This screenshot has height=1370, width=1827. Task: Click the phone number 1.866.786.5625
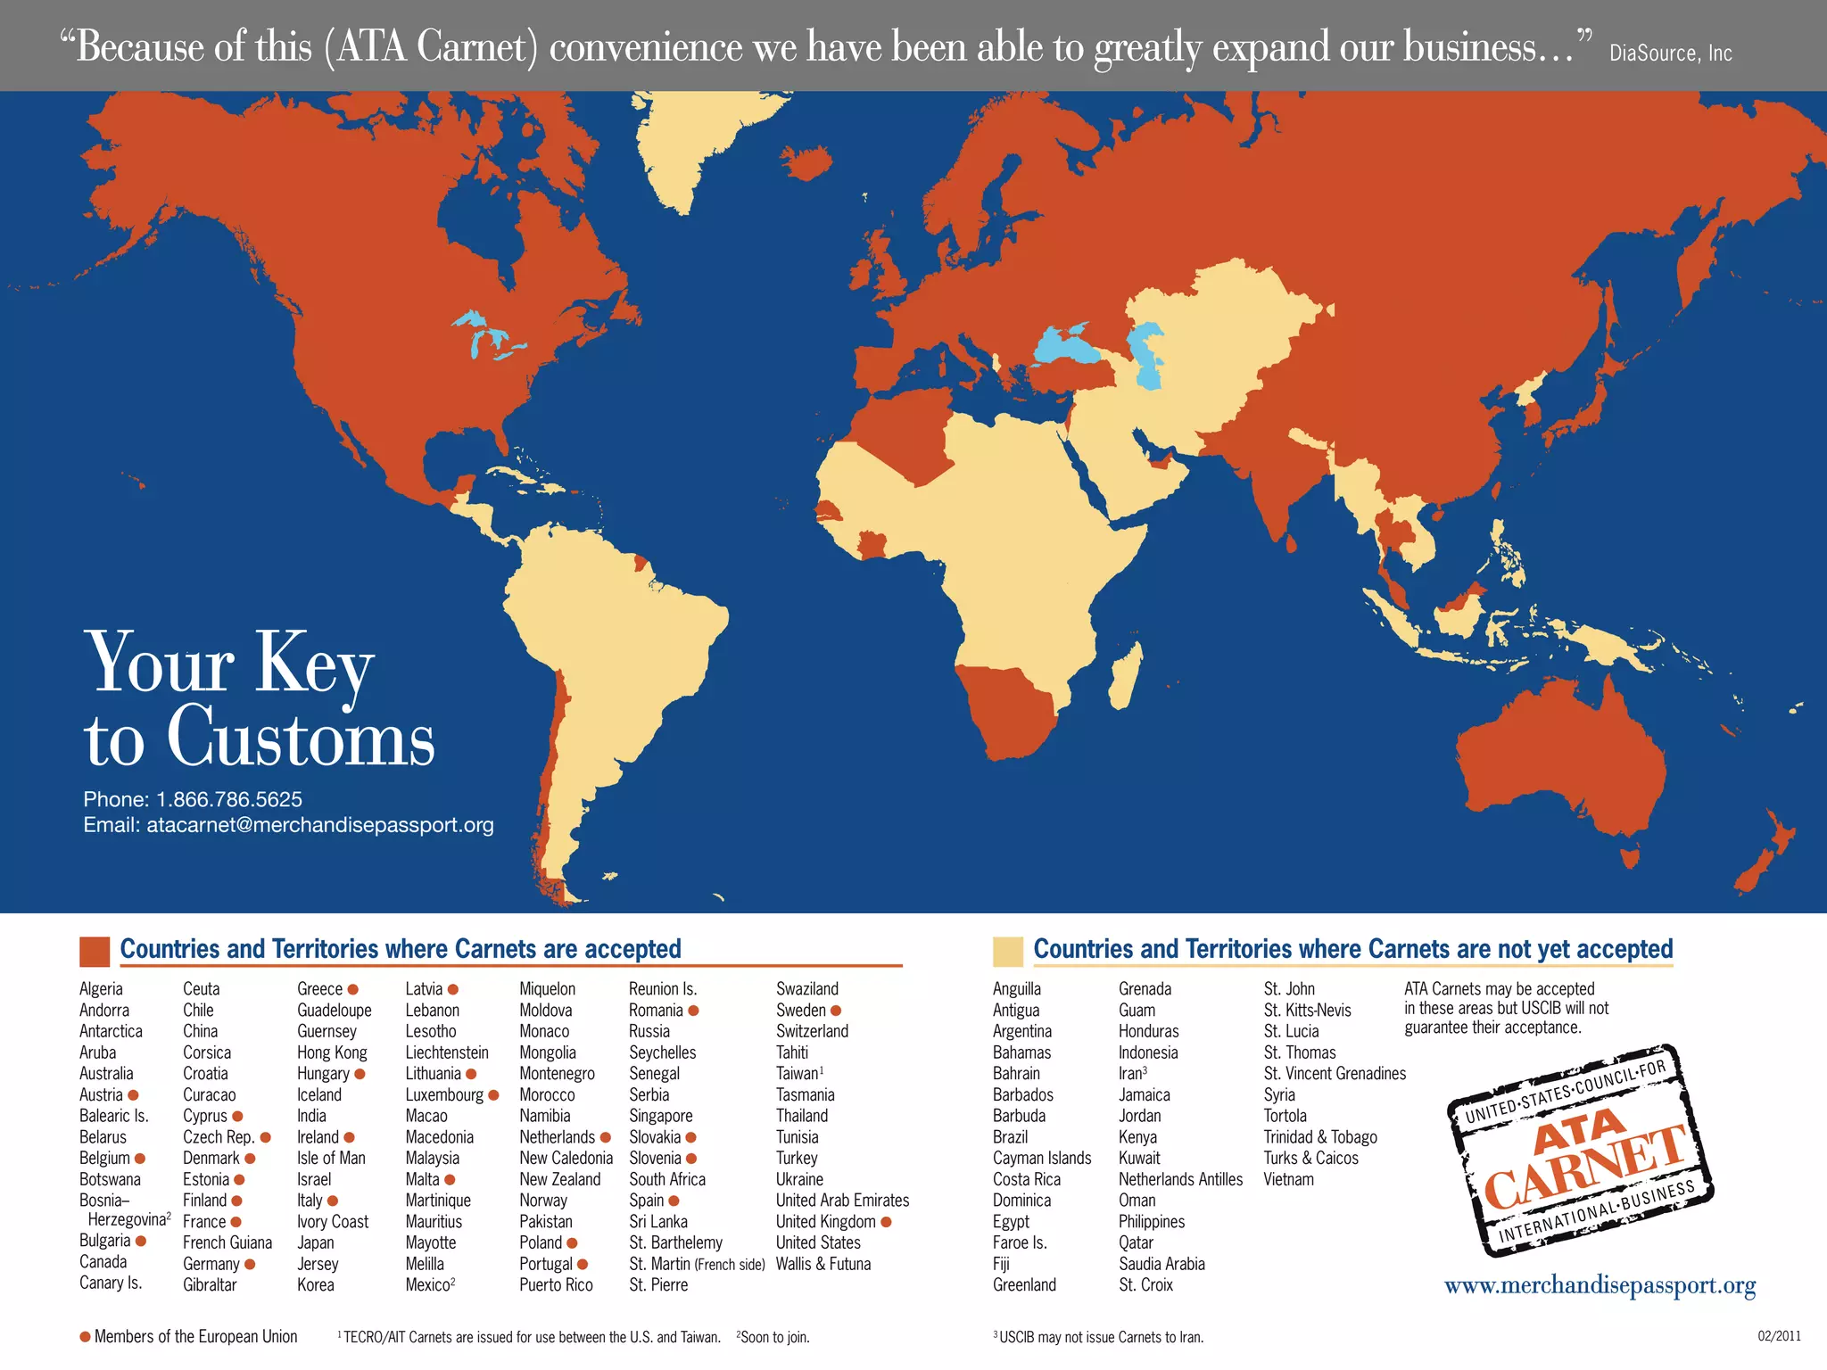click(x=229, y=799)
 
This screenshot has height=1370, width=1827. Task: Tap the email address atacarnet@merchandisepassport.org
click(x=319, y=825)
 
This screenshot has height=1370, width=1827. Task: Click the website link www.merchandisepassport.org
click(x=1600, y=1285)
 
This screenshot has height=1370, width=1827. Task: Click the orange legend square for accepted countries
click(x=95, y=951)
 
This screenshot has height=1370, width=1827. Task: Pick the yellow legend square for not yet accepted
click(x=1008, y=951)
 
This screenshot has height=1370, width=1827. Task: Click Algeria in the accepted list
click(x=101, y=989)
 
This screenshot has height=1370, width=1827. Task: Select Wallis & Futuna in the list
click(x=823, y=1264)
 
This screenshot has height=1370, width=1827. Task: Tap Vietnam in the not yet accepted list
click(x=1288, y=1179)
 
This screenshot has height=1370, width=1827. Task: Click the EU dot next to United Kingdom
click(x=886, y=1222)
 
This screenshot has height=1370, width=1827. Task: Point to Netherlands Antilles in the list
click(x=1180, y=1179)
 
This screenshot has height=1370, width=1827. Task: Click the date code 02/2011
click(x=1779, y=1336)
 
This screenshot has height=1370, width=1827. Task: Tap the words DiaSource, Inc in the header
click(x=1670, y=53)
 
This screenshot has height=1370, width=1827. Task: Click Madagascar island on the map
click(x=1127, y=682)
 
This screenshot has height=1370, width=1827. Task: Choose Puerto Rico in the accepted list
click(x=556, y=1285)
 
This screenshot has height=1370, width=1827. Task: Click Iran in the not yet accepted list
click(x=1130, y=1074)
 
